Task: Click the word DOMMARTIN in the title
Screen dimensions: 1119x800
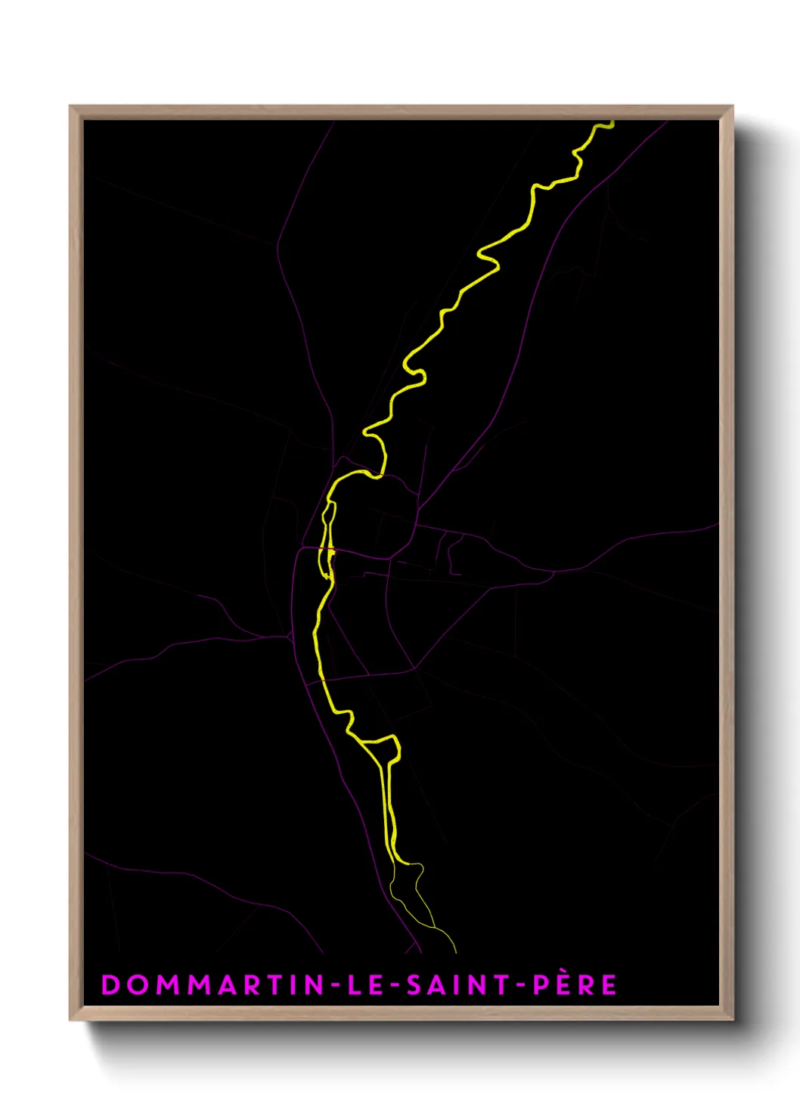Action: coord(212,984)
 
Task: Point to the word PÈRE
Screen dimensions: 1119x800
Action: coord(575,984)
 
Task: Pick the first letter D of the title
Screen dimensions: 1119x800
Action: coord(110,984)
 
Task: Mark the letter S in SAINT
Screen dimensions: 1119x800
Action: coord(414,984)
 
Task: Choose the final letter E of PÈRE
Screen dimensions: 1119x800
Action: coord(609,984)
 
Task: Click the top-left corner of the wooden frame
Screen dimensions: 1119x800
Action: coord(70,107)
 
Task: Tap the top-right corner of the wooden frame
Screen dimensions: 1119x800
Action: coord(732,107)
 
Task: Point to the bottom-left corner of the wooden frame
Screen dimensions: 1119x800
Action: coord(70,1019)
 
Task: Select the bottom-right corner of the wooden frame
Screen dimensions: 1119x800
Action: coord(732,1019)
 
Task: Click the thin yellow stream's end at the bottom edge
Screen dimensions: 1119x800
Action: coord(456,951)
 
